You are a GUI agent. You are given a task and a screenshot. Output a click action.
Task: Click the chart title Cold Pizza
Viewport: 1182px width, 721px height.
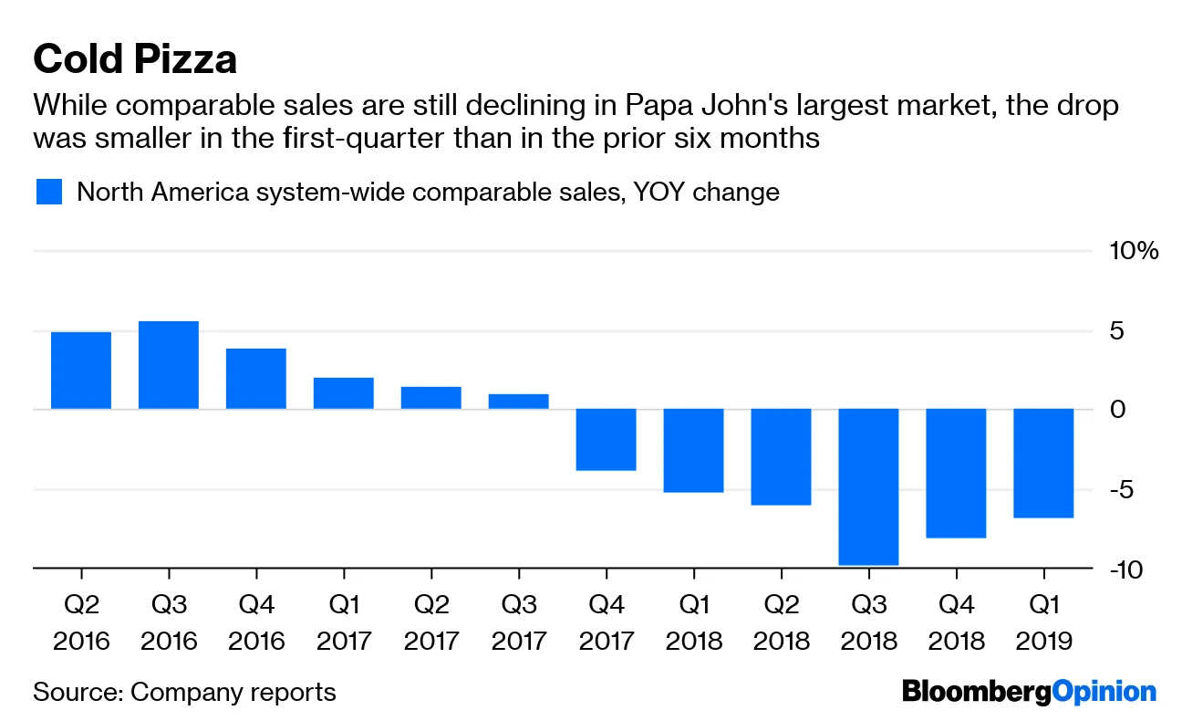(135, 59)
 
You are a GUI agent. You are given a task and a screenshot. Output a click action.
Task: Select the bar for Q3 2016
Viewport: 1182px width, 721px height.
(169, 365)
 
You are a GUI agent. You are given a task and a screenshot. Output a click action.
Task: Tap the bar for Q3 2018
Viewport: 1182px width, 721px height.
(869, 486)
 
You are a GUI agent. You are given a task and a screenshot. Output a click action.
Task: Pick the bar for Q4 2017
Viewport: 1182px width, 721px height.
(607, 440)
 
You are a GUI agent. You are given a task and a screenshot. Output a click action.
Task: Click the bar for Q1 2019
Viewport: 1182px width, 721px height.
(1044, 463)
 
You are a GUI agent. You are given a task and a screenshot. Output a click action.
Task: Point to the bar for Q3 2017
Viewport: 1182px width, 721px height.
(519, 402)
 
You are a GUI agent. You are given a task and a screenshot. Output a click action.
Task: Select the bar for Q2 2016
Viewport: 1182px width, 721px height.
(81, 371)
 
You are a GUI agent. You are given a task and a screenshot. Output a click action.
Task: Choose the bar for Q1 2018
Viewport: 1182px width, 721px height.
(694, 451)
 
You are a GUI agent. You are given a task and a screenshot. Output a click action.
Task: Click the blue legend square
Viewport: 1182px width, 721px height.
(48, 193)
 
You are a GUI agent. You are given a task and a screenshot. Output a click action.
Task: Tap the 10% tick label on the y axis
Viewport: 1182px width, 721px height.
(1134, 251)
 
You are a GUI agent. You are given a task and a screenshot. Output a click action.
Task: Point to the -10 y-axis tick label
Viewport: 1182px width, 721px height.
(1130, 569)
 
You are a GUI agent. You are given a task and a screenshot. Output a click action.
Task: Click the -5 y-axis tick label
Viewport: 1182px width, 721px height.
(1124, 490)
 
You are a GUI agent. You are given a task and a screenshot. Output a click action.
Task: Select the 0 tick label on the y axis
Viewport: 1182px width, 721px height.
(1118, 410)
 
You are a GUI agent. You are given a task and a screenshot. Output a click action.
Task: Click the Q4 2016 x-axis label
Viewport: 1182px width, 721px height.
(256, 621)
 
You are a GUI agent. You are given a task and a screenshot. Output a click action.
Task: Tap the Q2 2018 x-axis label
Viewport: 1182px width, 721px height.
(782, 621)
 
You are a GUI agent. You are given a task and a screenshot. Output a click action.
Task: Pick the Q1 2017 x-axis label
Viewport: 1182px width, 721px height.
(344, 621)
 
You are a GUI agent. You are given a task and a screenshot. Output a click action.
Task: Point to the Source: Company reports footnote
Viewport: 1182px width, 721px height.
(184, 692)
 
